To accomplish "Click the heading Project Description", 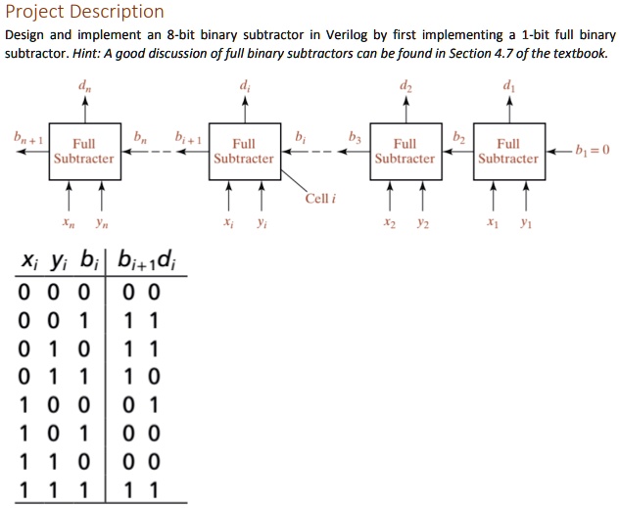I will click(x=84, y=12).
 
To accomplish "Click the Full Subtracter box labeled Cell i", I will click(x=243, y=151).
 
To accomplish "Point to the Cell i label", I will click(x=320, y=199).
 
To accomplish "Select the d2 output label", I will click(x=405, y=86).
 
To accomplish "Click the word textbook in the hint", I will click(x=584, y=51).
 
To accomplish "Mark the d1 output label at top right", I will click(x=507, y=86).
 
